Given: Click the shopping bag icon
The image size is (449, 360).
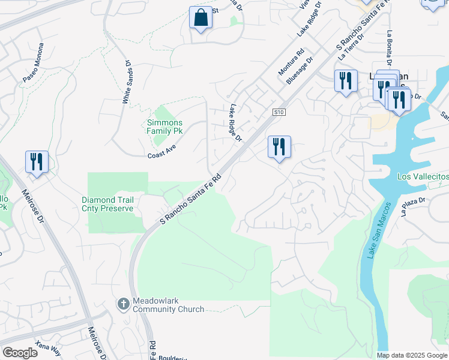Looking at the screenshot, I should click(x=201, y=17).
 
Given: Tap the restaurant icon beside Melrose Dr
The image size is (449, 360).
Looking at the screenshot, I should click(x=37, y=162).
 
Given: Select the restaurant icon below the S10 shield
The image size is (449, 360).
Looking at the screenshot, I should click(x=279, y=147).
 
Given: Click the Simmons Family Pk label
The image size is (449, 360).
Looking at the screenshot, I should click(x=165, y=127).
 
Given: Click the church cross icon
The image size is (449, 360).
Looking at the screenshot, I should click(x=124, y=304).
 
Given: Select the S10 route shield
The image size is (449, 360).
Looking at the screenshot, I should click(x=279, y=112).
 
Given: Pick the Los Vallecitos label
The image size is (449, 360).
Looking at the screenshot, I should click(x=423, y=177).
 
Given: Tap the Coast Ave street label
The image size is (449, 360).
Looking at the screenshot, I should click(x=161, y=152).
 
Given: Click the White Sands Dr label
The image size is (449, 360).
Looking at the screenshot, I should click(x=127, y=82).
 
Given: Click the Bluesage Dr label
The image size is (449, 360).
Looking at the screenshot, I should click(x=301, y=70).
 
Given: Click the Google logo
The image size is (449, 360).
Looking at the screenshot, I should click(x=20, y=353).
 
